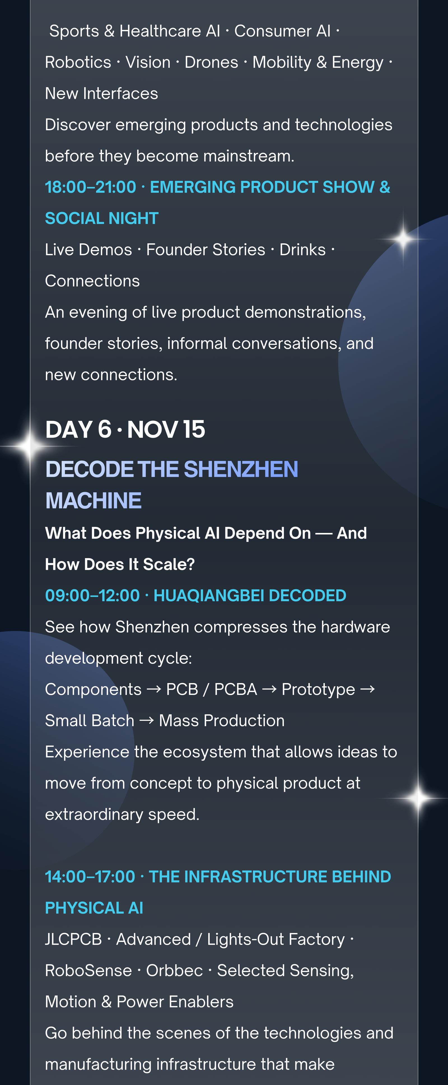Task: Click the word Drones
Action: coord(211,62)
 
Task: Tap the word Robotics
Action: coord(78,62)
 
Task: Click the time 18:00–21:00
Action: coord(90,187)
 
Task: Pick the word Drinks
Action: coord(303,250)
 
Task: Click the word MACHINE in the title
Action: coord(94,500)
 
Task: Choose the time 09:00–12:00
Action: coord(92,595)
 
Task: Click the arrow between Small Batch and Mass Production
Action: coord(146,721)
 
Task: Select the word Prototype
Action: coord(318,690)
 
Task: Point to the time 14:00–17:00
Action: coord(90,877)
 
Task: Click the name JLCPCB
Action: coord(74,939)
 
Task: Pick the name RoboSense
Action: coord(88,970)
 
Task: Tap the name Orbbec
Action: coord(174,970)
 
